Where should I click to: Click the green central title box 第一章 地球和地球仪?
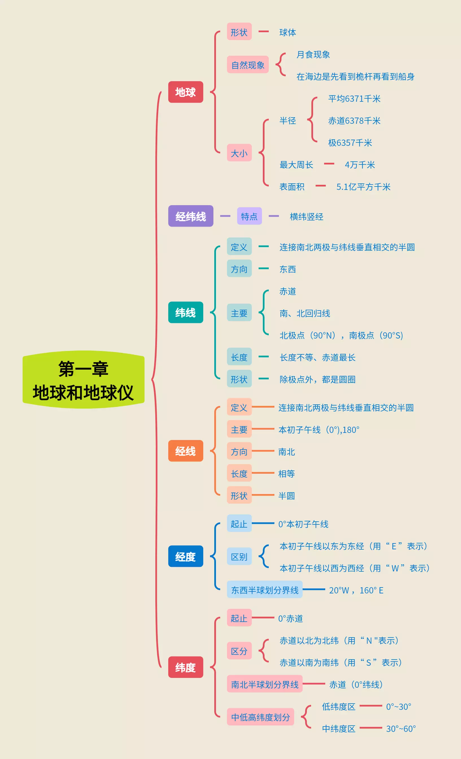coord(83,380)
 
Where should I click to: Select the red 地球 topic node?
coord(185,92)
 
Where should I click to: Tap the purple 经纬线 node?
coord(191,216)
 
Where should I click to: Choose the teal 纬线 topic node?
coord(185,312)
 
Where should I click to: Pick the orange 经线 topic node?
coord(185,451)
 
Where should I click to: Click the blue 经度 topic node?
coord(185,556)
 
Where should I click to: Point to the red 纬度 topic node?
coord(185,667)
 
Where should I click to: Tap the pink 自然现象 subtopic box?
coord(248,65)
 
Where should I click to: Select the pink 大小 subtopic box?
coord(239,153)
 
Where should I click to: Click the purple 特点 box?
coord(249,216)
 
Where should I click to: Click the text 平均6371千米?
coord(354,99)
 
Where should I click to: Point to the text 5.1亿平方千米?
coord(363,187)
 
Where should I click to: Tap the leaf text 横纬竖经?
coord(307,216)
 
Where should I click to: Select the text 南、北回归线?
coord(305,313)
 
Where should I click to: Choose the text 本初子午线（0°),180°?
coord(319,430)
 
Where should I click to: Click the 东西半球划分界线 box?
coord(265,590)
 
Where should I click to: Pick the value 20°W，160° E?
coord(356,590)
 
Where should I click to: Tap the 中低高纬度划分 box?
coord(260,717)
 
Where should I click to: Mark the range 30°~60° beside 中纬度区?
coord(401,728)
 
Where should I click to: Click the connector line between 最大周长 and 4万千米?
coord(329,164)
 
